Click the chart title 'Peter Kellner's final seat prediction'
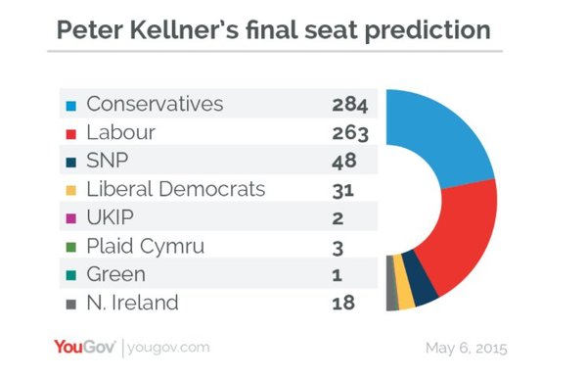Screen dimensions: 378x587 (273, 29)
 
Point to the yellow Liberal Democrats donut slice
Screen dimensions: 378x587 (405, 294)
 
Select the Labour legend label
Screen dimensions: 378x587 (122, 132)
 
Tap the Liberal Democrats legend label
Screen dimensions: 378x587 (175, 189)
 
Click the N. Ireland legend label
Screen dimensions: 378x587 (132, 303)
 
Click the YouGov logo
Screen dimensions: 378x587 (84, 348)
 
